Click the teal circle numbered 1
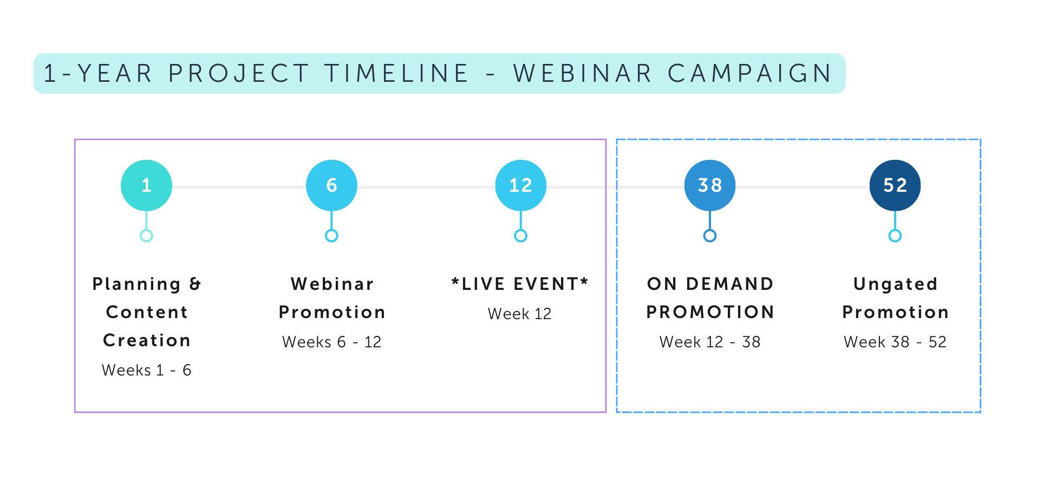click(x=146, y=185)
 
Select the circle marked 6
click(x=331, y=185)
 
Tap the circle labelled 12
click(x=520, y=185)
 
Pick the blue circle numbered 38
click(x=710, y=185)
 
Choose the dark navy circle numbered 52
click(x=895, y=185)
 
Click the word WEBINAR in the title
click(x=583, y=74)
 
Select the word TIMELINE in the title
click(x=397, y=74)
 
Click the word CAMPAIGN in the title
click(x=750, y=74)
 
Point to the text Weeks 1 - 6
click(x=147, y=370)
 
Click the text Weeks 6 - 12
click(x=332, y=342)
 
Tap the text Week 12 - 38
click(x=710, y=342)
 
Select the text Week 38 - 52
click(x=895, y=342)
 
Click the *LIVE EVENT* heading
click(x=520, y=284)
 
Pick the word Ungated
click(x=896, y=284)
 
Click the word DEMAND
click(x=730, y=284)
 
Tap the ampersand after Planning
click(x=195, y=284)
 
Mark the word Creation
click(x=147, y=340)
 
